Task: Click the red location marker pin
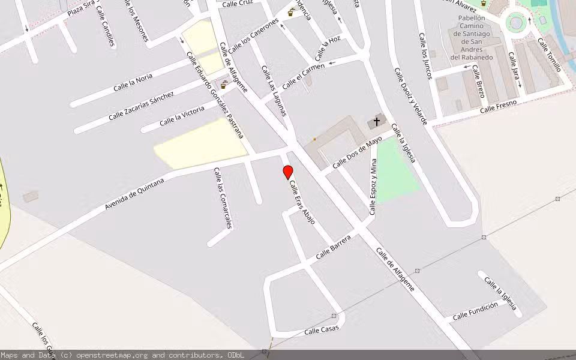pyautogui.click(x=288, y=172)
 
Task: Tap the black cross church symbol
pyautogui.click(x=377, y=122)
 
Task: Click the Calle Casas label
pyautogui.click(x=322, y=329)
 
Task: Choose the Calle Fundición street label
pyautogui.click(x=475, y=311)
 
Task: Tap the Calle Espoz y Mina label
pyautogui.click(x=373, y=187)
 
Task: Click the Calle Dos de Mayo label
pyautogui.click(x=357, y=152)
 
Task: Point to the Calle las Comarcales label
pyautogui.click(x=223, y=198)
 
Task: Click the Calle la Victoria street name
pyautogui.click(x=182, y=116)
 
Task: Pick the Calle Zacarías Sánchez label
pyautogui.click(x=142, y=106)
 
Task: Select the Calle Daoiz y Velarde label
pyautogui.click(x=410, y=96)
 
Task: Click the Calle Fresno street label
pyautogui.click(x=498, y=106)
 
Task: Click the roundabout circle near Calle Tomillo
pyautogui.click(x=515, y=23)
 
